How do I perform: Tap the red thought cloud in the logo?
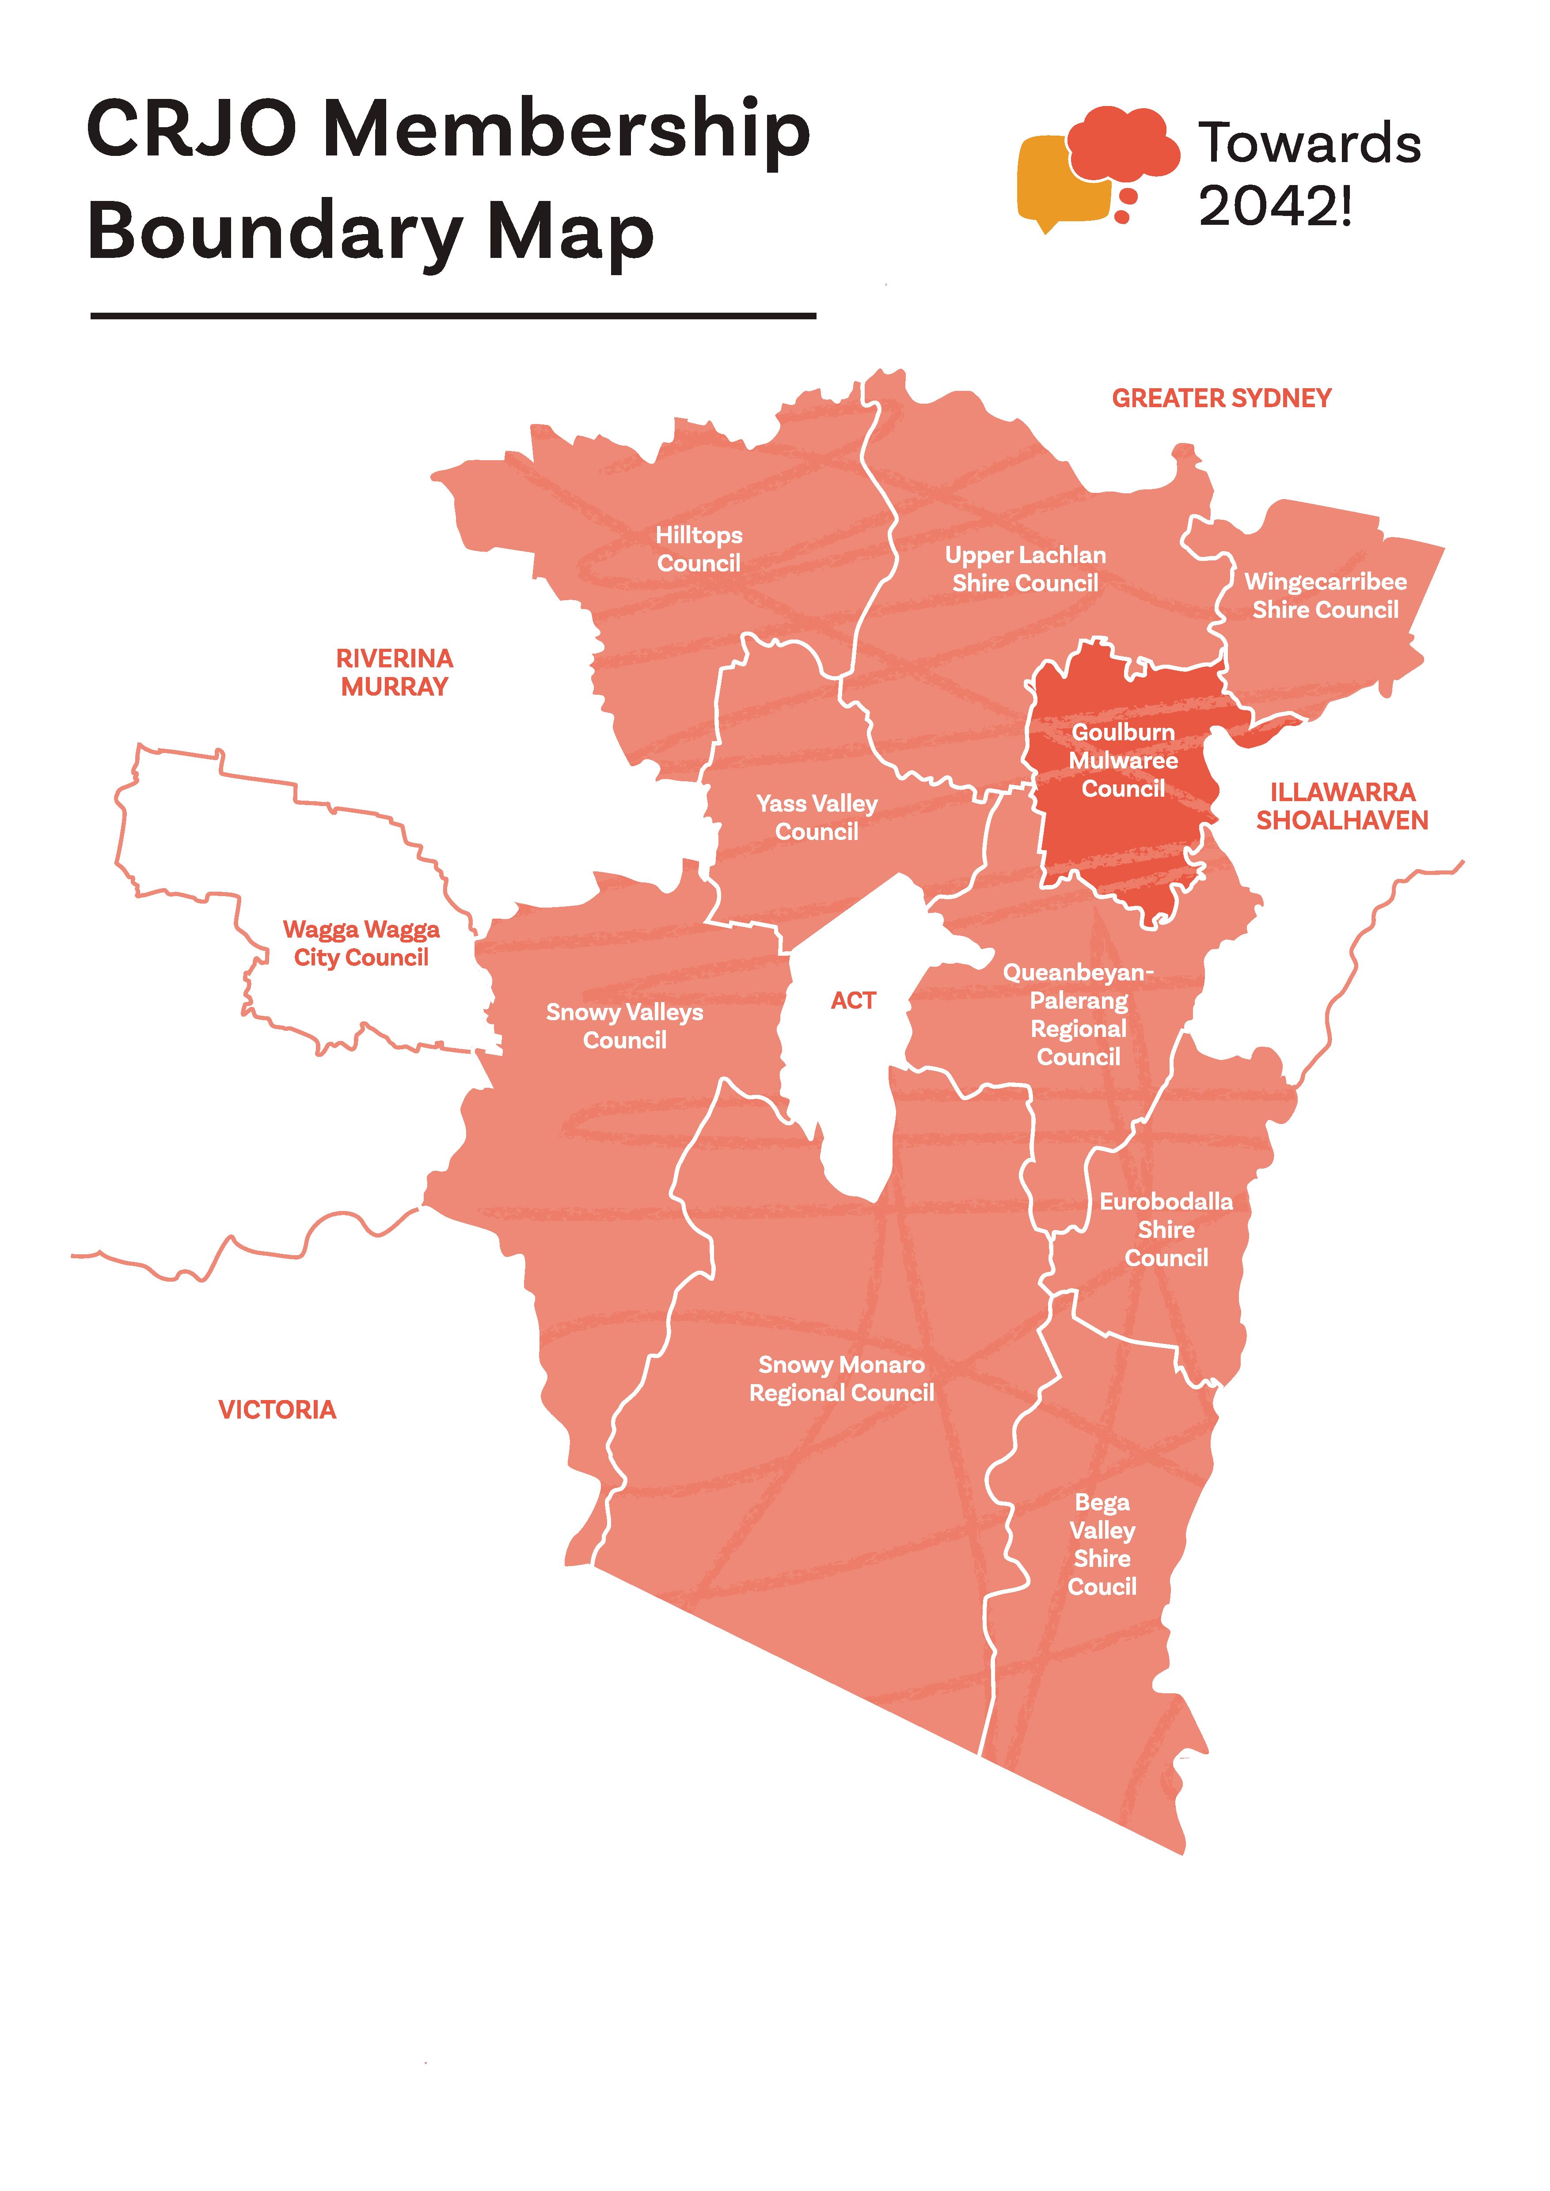[x=1123, y=143]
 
